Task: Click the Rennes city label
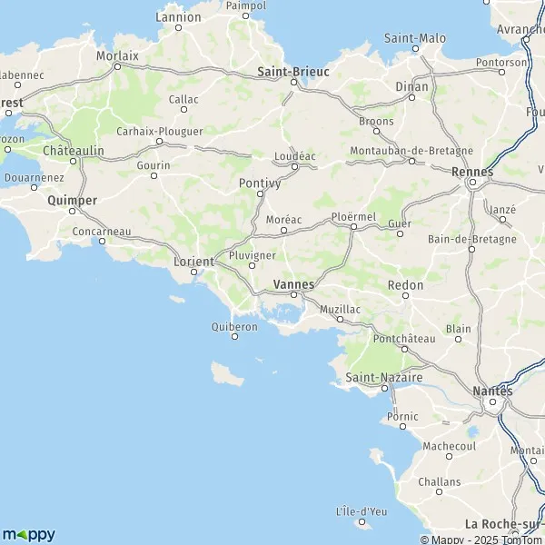(472, 170)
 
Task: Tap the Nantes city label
(493, 391)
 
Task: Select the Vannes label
(293, 284)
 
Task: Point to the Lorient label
(193, 261)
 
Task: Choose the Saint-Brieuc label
(293, 70)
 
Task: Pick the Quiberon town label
(234, 326)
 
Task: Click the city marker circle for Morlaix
(117, 66)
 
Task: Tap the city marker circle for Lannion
(179, 27)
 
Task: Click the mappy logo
(28, 534)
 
